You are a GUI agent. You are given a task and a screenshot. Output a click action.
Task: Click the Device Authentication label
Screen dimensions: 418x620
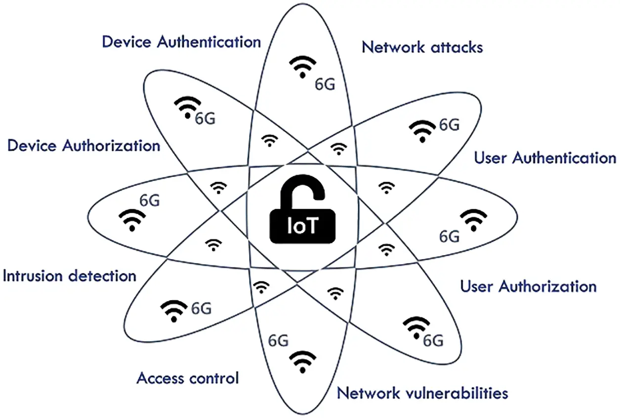(181, 41)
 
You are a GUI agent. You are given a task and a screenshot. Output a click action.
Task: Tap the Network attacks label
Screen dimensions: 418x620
(422, 47)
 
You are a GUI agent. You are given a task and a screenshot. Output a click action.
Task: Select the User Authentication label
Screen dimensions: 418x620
(544, 158)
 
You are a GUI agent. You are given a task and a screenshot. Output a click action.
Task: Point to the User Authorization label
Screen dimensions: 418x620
(528, 286)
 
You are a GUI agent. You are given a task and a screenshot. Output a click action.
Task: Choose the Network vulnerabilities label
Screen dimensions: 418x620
(422, 393)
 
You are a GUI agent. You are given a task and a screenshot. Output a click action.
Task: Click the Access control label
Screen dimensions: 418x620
(187, 379)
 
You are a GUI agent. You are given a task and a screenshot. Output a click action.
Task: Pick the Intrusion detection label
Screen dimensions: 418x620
(69, 275)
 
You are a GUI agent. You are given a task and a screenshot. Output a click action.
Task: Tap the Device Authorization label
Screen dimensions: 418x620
(83, 146)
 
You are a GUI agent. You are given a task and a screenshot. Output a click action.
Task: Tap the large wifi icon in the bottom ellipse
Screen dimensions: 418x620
(301, 362)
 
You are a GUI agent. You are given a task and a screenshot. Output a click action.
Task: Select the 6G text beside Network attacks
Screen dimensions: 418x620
(325, 84)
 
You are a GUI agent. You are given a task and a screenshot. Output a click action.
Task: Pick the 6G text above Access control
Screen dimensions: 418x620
(278, 341)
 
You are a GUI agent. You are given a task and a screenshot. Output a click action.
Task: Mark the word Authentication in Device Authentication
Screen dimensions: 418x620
(208, 41)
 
